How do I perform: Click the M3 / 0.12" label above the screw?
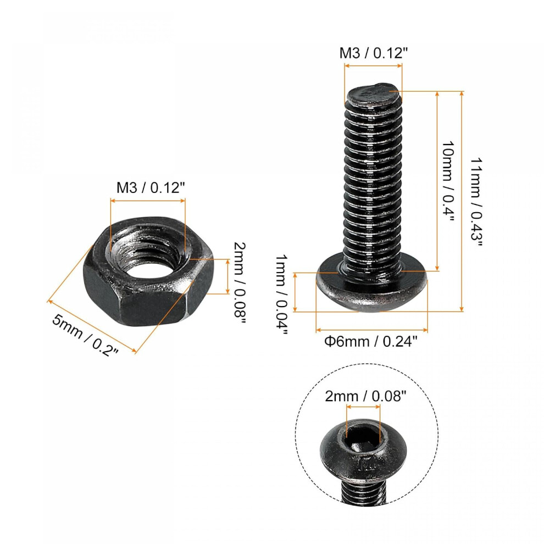coord(373,53)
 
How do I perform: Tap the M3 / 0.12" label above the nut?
coord(151,188)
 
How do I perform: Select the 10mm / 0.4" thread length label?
coord(447,181)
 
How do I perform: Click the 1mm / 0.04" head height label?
coord(281,295)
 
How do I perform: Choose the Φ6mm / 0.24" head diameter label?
coord(370,342)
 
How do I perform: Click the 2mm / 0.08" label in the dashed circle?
coord(365,396)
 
